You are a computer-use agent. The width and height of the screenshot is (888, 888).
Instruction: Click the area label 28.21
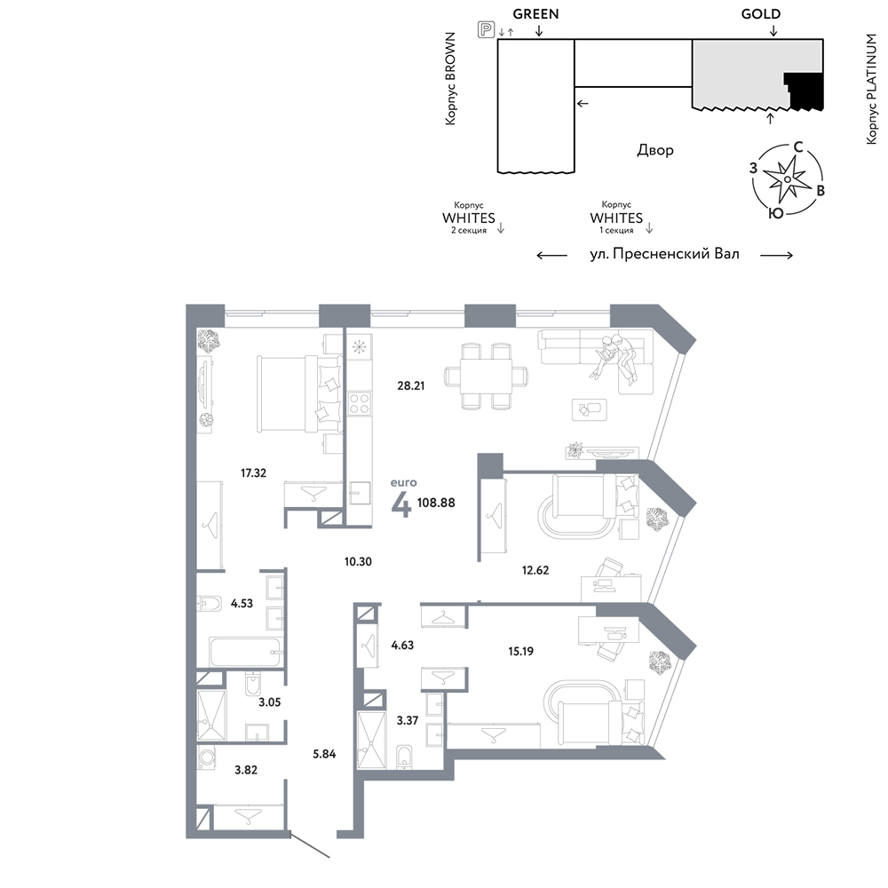tap(410, 385)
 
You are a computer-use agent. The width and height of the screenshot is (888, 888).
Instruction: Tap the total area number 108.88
tap(436, 503)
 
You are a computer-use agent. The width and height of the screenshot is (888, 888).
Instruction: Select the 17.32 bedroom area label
tap(253, 473)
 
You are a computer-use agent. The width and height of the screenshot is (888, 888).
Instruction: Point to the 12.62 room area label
tap(535, 570)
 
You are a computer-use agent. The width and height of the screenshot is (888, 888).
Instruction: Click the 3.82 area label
tap(246, 770)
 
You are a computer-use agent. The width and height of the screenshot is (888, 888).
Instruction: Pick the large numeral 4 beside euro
tap(401, 504)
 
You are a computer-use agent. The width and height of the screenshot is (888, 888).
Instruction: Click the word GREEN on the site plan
tap(535, 14)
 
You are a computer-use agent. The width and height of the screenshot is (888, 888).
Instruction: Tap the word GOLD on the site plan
tap(761, 14)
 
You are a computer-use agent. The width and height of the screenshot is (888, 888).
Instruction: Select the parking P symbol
tap(486, 29)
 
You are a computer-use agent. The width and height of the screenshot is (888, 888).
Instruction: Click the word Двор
tap(655, 150)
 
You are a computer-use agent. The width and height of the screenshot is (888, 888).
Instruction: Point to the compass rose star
tap(787, 179)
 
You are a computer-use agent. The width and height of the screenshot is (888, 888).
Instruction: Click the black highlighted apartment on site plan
tap(805, 91)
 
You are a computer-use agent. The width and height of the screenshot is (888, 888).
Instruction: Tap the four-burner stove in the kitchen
tap(360, 404)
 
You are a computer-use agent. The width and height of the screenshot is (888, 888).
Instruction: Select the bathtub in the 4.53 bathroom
tap(246, 653)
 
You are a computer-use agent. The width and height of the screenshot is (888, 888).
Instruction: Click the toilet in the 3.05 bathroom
tap(252, 685)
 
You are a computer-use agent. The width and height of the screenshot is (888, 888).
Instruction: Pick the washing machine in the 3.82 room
tap(206, 757)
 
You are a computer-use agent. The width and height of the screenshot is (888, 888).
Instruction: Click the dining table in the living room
tap(486, 376)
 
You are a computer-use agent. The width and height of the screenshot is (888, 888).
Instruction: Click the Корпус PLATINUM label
tap(871, 89)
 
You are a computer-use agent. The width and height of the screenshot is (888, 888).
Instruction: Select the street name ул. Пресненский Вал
tap(664, 254)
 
